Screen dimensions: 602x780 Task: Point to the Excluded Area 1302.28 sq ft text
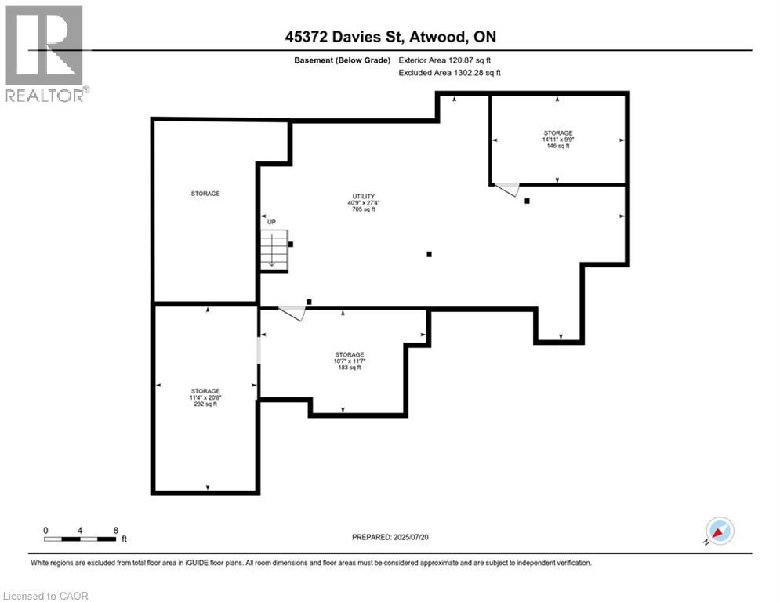(449, 72)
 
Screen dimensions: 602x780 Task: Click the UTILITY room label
(363, 196)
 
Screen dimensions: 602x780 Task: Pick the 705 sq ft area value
(363, 209)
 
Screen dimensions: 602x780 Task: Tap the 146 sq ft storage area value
(558, 146)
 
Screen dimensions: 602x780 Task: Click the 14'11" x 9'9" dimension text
(558, 140)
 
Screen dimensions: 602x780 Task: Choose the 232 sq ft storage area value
(205, 404)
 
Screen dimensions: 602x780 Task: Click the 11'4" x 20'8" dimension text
(205, 397)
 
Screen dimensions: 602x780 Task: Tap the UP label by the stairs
(271, 222)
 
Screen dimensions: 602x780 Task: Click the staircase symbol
(274, 249)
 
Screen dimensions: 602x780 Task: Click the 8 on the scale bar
(116, 530)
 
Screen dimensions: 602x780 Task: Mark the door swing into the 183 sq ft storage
(293, 313)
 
